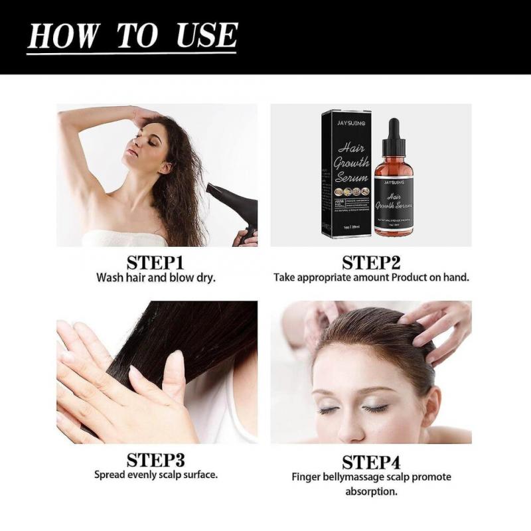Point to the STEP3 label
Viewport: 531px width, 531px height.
click(x=156, y=459)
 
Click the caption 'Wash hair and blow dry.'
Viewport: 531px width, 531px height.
click(x=156, y=277)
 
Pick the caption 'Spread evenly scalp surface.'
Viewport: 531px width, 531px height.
click(x=156, y=475)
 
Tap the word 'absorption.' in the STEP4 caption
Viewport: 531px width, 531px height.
click(x=371, y=492)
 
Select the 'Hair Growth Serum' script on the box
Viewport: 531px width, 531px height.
click(x=350, y=162)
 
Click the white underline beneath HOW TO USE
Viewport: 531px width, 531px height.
click(x=132, y=52)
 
